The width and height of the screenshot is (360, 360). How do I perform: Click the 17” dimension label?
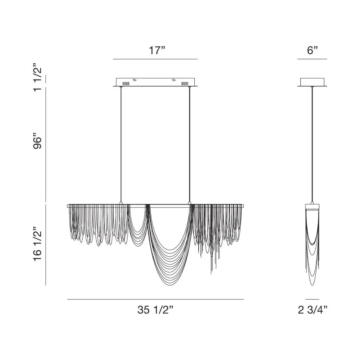coord(157,50)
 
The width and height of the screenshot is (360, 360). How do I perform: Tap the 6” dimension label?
coord(312,50)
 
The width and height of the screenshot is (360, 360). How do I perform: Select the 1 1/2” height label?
coord(37,77)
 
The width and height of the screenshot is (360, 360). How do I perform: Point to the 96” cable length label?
coord(37,141)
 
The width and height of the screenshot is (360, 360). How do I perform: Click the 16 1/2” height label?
coord(37,244)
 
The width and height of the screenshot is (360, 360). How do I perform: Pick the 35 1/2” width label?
coord(155,310)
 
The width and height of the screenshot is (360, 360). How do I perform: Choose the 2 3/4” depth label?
coord(312,310)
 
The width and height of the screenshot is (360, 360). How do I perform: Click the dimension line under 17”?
coord(155,59)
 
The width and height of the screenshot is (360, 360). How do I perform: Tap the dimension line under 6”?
coord(312,59)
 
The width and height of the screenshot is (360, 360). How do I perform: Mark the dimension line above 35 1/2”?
coord(155,300)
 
